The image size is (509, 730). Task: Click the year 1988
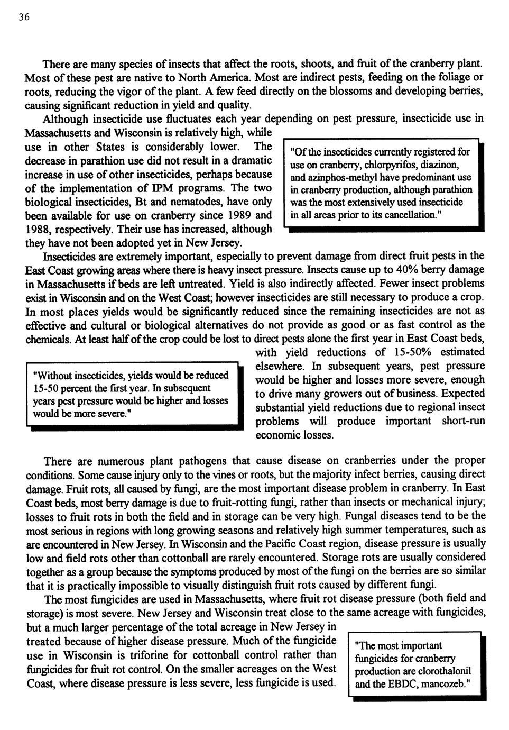[38, 230]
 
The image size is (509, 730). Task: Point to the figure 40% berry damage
[408, 270]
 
